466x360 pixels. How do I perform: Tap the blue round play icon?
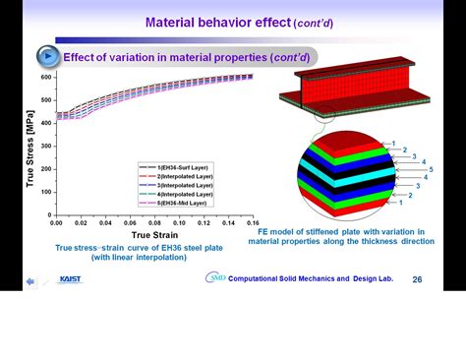(x=47, y=56)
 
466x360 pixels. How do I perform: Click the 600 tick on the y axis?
(x=45, y=76)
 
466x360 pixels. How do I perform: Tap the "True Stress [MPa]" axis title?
(x=29, y=147)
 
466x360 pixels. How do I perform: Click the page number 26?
(x=417, y=279)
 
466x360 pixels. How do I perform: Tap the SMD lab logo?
(x=215, y=278)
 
